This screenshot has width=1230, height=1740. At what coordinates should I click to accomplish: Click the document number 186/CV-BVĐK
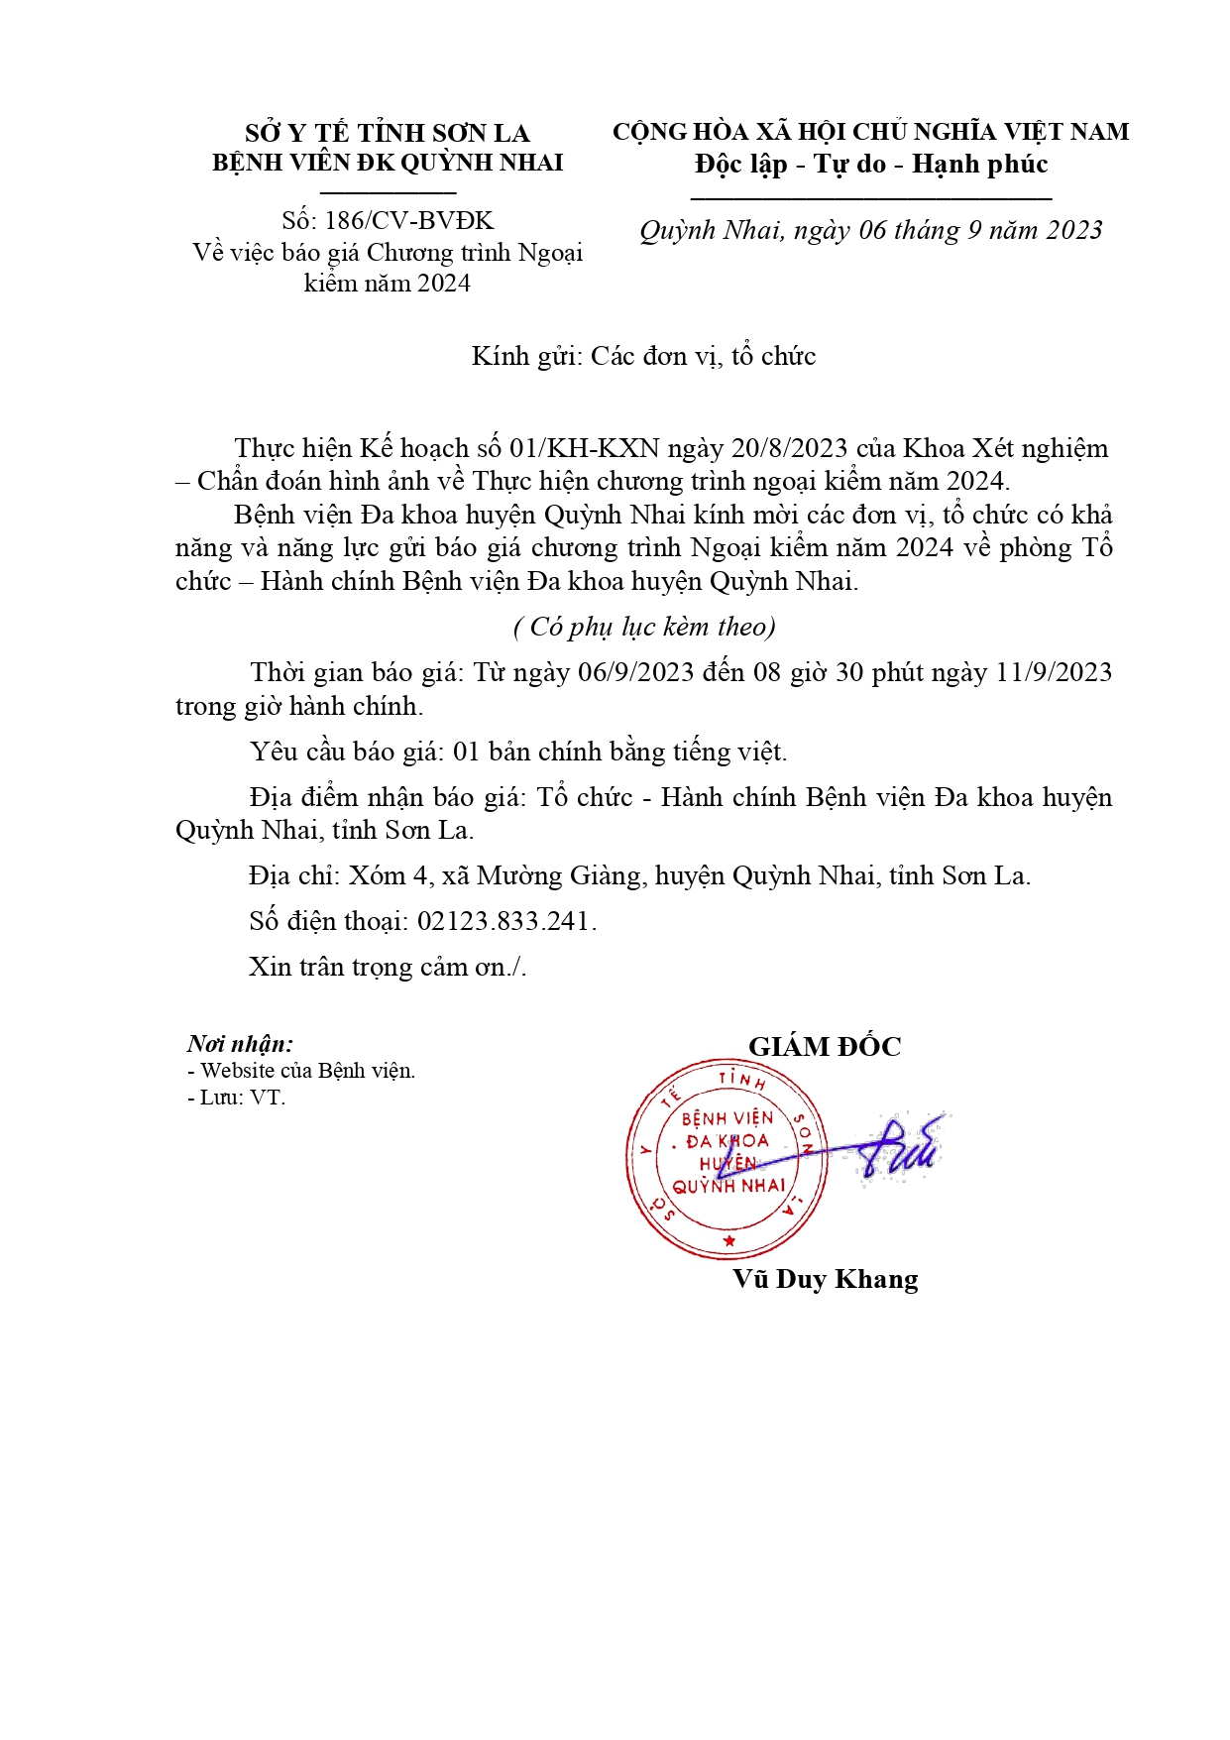408,220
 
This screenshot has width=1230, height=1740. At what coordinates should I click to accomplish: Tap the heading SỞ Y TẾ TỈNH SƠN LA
388,133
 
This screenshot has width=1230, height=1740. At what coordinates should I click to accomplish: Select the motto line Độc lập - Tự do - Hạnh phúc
871,165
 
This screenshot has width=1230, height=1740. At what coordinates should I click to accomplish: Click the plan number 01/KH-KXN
584,448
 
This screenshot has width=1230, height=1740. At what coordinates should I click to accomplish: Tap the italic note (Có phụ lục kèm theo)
644,627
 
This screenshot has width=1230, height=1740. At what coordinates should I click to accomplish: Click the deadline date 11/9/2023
1054,672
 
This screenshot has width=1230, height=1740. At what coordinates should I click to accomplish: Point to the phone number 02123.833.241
503,921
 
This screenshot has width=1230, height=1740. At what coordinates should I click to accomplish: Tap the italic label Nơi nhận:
240,1043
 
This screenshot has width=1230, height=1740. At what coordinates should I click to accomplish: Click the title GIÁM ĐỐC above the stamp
825,1047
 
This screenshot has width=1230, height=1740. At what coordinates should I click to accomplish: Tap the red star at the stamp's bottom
729,1240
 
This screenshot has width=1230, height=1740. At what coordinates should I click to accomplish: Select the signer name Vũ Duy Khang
826,1279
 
